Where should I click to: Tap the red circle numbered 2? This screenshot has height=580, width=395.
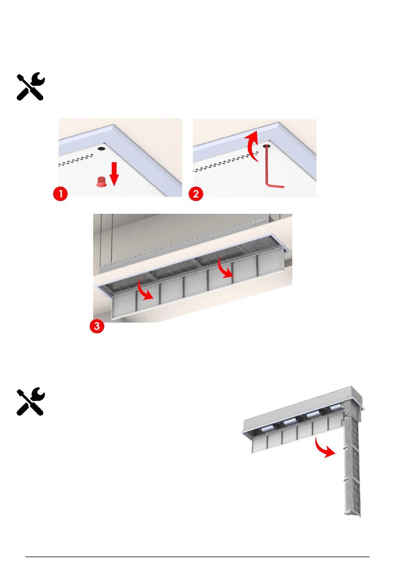tap(196, 194)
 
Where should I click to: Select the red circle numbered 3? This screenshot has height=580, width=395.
tap(97, 326)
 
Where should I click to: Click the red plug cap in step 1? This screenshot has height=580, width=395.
tap(101, 182)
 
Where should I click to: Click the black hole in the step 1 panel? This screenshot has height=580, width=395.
tap(101, 148)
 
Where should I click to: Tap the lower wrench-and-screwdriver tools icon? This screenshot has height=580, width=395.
tap(30, 401)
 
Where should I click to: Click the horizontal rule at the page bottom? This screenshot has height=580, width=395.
tap(197, 557)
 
